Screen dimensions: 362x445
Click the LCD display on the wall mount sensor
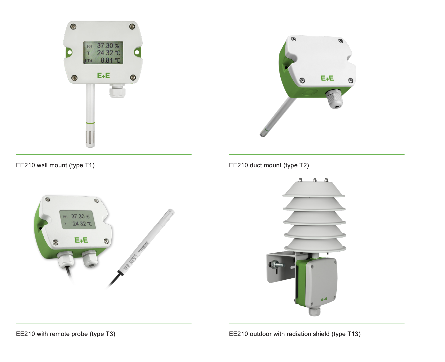coord(103,52)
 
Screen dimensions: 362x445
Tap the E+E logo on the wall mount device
coord(103,76)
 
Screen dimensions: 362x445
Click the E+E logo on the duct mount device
coord(327,78)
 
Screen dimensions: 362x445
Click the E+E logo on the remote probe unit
coord(81,240)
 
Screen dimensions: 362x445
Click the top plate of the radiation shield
coord(313,189)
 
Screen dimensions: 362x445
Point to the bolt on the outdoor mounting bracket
coord(277,265)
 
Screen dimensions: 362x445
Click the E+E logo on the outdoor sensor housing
coord(324,299)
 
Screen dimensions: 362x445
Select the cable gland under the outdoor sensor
coord(314,311)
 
